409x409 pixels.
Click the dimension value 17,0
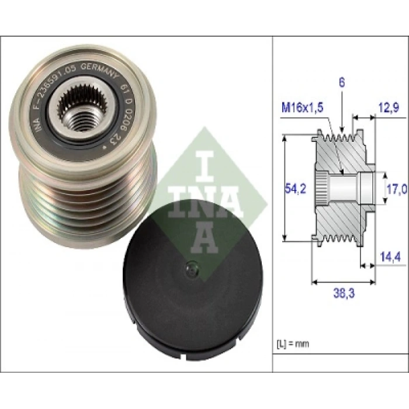[397, 189]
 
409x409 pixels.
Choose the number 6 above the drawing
[341, 82]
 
